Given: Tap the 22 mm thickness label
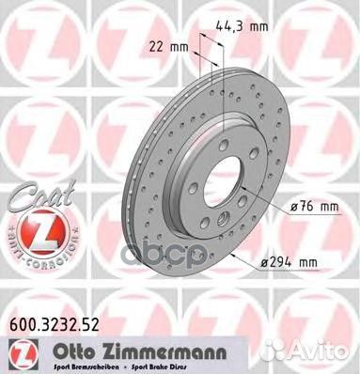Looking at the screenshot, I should click(x=162, y=45).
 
